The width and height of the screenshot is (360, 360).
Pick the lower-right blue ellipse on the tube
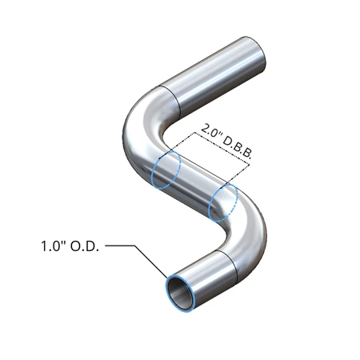[222, 202]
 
